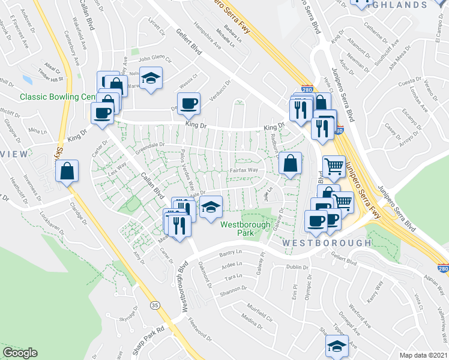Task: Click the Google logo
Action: [x=20, y=353]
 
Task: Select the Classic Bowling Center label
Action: [x=56, y=97]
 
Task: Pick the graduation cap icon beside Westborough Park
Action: [x=211, y=207]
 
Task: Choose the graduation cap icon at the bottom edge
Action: [x=337, y=346]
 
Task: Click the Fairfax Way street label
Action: [x=244, y=171]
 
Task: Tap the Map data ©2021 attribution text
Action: [x=423, y=355]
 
